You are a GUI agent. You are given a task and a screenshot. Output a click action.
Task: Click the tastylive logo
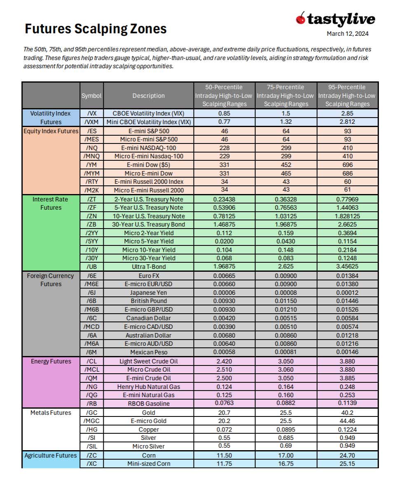pyautogui.click(x=335, y=19)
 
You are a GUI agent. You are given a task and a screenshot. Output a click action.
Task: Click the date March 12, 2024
pyautogui.click(x=347, y=34)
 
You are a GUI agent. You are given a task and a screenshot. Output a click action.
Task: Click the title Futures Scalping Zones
pyautogui.click(x=96, y=29)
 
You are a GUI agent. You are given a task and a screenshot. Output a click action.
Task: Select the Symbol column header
pyautogui.click(x=91, y=95)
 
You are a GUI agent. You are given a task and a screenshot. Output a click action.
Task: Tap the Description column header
pyautogui.click(x=148, y=95)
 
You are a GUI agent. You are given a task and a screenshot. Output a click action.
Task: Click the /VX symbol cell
pyautogui.click(x=91, y=113)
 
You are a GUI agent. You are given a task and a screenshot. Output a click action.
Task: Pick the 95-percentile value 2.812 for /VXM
pyautogui.click(x=347, y=122)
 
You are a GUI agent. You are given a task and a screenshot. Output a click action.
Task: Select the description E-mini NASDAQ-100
pyautogui.click(x=148, y=148)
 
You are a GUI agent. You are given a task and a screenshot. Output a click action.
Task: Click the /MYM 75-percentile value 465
pyautogui.click(x=286, y=173)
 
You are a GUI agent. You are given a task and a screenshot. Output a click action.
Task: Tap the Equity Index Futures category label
pyautogui.click(x=51, y=131)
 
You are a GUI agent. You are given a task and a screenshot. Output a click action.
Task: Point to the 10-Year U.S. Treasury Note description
pyautogui.click(x=148, y=216)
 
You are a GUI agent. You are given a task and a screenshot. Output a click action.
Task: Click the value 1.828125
pyautogui.click(x=347, y=216)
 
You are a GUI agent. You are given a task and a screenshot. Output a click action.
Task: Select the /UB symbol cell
pyautogui.click(x=91, y=267)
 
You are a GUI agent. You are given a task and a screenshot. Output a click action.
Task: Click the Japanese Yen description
pyautogui.click(x=148, y=293)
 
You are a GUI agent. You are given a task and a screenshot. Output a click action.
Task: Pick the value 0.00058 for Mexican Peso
pyautogui.click(x=224, y=352)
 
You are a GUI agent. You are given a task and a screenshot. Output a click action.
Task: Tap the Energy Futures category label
pyautogui.click(x=51, y=361)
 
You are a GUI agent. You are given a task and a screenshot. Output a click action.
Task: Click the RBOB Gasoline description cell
pyautogui.click(x=148, y=404)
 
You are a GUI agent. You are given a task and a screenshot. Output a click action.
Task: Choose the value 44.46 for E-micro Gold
pyautogui.click(x=347, y=421)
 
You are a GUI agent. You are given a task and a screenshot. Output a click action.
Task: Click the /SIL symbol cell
pyautogui.click(x=91, y=446)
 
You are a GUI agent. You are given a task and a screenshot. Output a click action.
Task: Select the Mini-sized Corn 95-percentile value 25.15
pyautogui.click(x=347, y=464)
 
